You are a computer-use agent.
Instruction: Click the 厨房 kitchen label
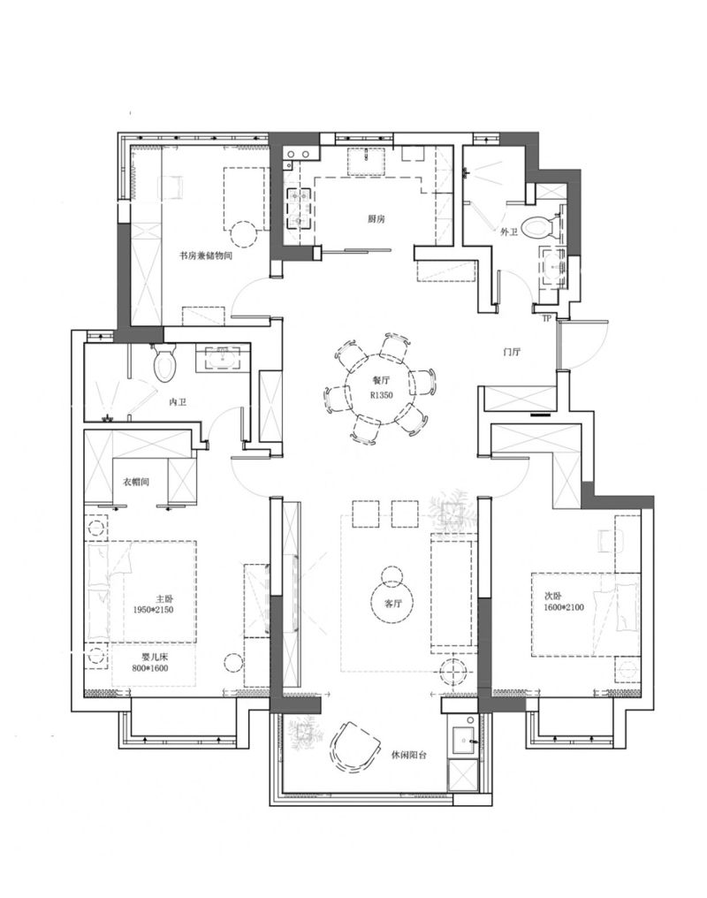[x=376, y=219]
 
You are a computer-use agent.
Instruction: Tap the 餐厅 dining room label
[x=381, y=380]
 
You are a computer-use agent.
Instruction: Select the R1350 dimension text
[x=381, y=394]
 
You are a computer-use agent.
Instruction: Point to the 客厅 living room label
[x=394, y=603]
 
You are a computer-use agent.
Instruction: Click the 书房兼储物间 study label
[x=206, y=256]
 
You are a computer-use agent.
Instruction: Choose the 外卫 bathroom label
[x=509, y=232]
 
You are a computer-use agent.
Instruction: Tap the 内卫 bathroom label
[x=178, y=402]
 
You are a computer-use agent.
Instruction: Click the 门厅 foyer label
[x=512, y=352]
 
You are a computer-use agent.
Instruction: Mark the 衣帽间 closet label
[x=136, y=483]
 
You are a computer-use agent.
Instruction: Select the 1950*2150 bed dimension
[x=153, y=610]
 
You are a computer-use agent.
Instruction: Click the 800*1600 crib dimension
[x=150, y=668]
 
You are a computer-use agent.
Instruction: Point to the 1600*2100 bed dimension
[x=564, y=607]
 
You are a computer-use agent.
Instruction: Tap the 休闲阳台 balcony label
[x=410, y=755]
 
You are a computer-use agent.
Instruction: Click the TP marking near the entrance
[x=546, y=318]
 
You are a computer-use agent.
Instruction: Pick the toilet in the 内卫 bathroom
[x=165, y=362]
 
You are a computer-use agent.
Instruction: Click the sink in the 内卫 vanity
[x=224, y=358]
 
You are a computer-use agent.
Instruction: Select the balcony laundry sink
[x=464, y=741]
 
